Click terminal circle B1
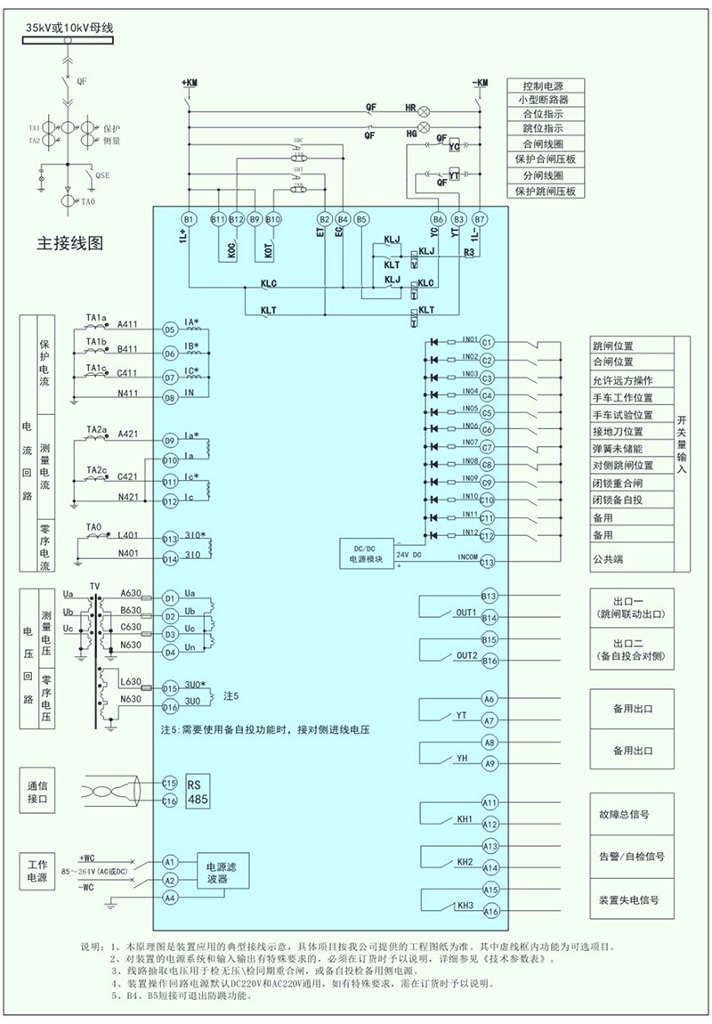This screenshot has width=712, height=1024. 189,218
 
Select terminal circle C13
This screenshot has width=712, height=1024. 487,562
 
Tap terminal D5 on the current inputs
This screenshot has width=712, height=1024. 170,329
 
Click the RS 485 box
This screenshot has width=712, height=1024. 198,792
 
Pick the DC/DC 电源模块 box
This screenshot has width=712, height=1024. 367,553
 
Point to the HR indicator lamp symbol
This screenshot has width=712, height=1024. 425,108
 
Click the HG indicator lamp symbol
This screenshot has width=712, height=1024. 425,134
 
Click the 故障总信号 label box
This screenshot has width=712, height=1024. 629,814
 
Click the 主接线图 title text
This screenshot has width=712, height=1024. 69,243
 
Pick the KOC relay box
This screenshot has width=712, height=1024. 230,251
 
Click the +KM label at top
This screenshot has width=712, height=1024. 190,83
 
